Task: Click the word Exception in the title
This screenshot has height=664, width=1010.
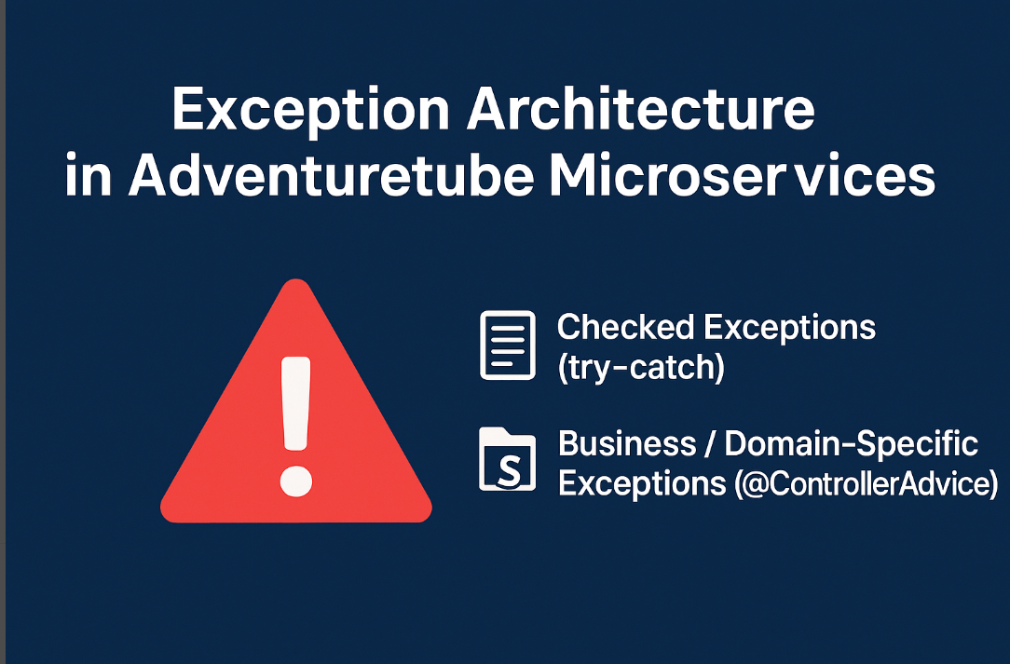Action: pyautogui.click(x=310, y=111)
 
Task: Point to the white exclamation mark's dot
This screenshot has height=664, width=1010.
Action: pyautogui.click(x=295, y=481)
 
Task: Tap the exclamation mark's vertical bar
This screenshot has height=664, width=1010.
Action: pyautogui.click(x=295, y=403)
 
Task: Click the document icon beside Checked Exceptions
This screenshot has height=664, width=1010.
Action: pyautogui.click(x=508, y=346)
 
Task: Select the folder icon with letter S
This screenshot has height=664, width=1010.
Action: pyautogui.click(x=508, y=458)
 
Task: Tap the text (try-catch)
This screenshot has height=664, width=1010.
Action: pyautogui.click(x=641, y=368)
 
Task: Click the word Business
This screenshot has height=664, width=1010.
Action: pyautogui.click(x=627, y=443)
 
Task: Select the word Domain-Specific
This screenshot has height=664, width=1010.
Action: pyautogui.click(x=851, y=445)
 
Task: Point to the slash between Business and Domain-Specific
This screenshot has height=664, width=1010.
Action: pyautogui.click(x=710, y=443)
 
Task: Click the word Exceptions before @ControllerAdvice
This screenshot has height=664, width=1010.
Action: pyautogui.click(x=642, y=484)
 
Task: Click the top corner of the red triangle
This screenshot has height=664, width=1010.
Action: pyautogui.click(x=295, y=279)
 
